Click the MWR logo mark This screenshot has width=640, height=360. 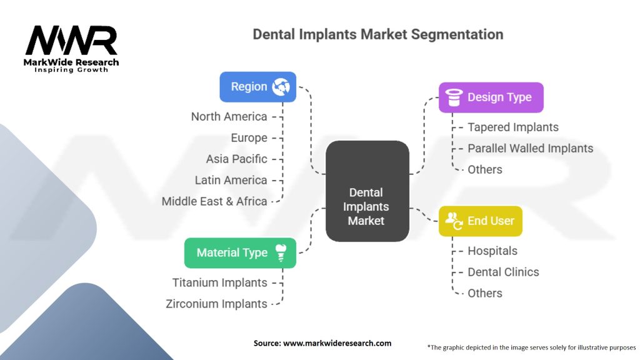pyautogui.click(x=71, y=41)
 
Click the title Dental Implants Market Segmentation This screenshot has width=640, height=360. pyautogui.click(x=378, y=34)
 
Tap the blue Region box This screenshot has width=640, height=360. pyautogui.click(x=258, y=87)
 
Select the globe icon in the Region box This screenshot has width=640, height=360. pyautogui.click(x=281, y=86)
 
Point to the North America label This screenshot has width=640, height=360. pyautogui.click(x=229, y=117)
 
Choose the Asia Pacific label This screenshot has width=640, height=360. pyautogui.click(x=236, y=159)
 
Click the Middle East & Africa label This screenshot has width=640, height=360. pyautogui.click(x=214, y=202)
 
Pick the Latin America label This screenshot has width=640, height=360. pyautogui.click(x=231, y=181)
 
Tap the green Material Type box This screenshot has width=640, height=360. pyautogui.click(x=240, y=253)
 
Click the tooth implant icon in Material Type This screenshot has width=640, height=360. pyautogui.click(x=281, y=252)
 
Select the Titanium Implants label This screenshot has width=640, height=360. pyautogui.click(x=219, y=283)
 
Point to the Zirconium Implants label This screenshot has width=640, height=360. pyautogui.click(x=216, y=304)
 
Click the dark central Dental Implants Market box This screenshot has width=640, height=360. pyautogui.click(x=367, y=191)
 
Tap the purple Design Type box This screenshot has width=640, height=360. pyautogui.click(x=491, y=97)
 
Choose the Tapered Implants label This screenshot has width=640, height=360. pyautogui.click(x=513, y=127)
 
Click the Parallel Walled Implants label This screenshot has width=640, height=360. pyautogui.click(x=530, y=149)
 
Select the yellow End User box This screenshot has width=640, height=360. pyautogui.click(x=481, y=221)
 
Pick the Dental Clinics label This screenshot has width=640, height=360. pyautogui.click(x=503, y=272)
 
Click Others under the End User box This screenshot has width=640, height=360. pyautogui.click(x=485, y=294)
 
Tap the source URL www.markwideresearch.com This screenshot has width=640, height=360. pyautogui.click(x=337, y=343)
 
